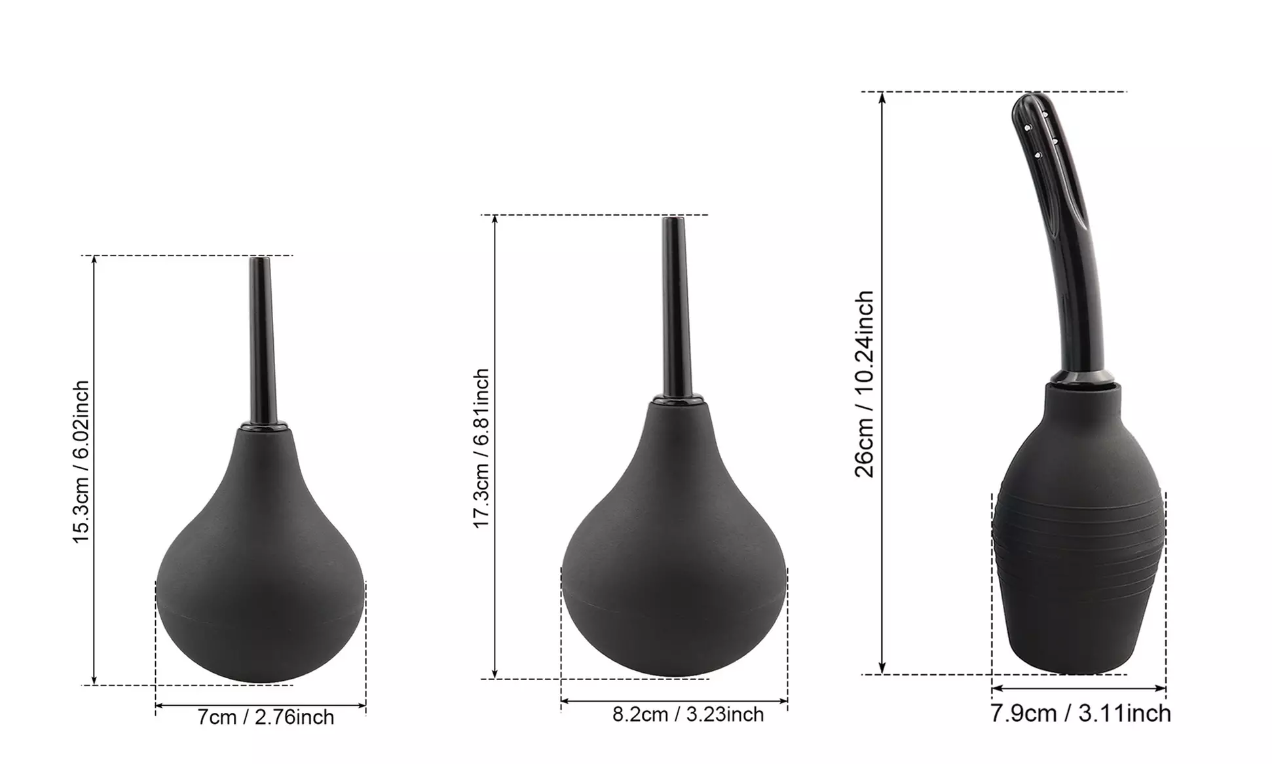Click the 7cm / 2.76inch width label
coord(266,717)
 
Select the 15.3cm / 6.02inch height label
coord(81,462)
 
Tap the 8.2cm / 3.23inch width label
coord(688,714)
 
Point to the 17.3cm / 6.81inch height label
coord(481,448)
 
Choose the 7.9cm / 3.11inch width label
coord(1080,714)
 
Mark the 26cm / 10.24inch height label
coord(865,384)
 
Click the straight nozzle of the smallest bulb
coord(263,341)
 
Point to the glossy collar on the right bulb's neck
coord(1081,378)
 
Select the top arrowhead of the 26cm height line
coord(882,98)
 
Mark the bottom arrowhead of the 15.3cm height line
coord(94,679)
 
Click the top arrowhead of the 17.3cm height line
coord(495,221)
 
